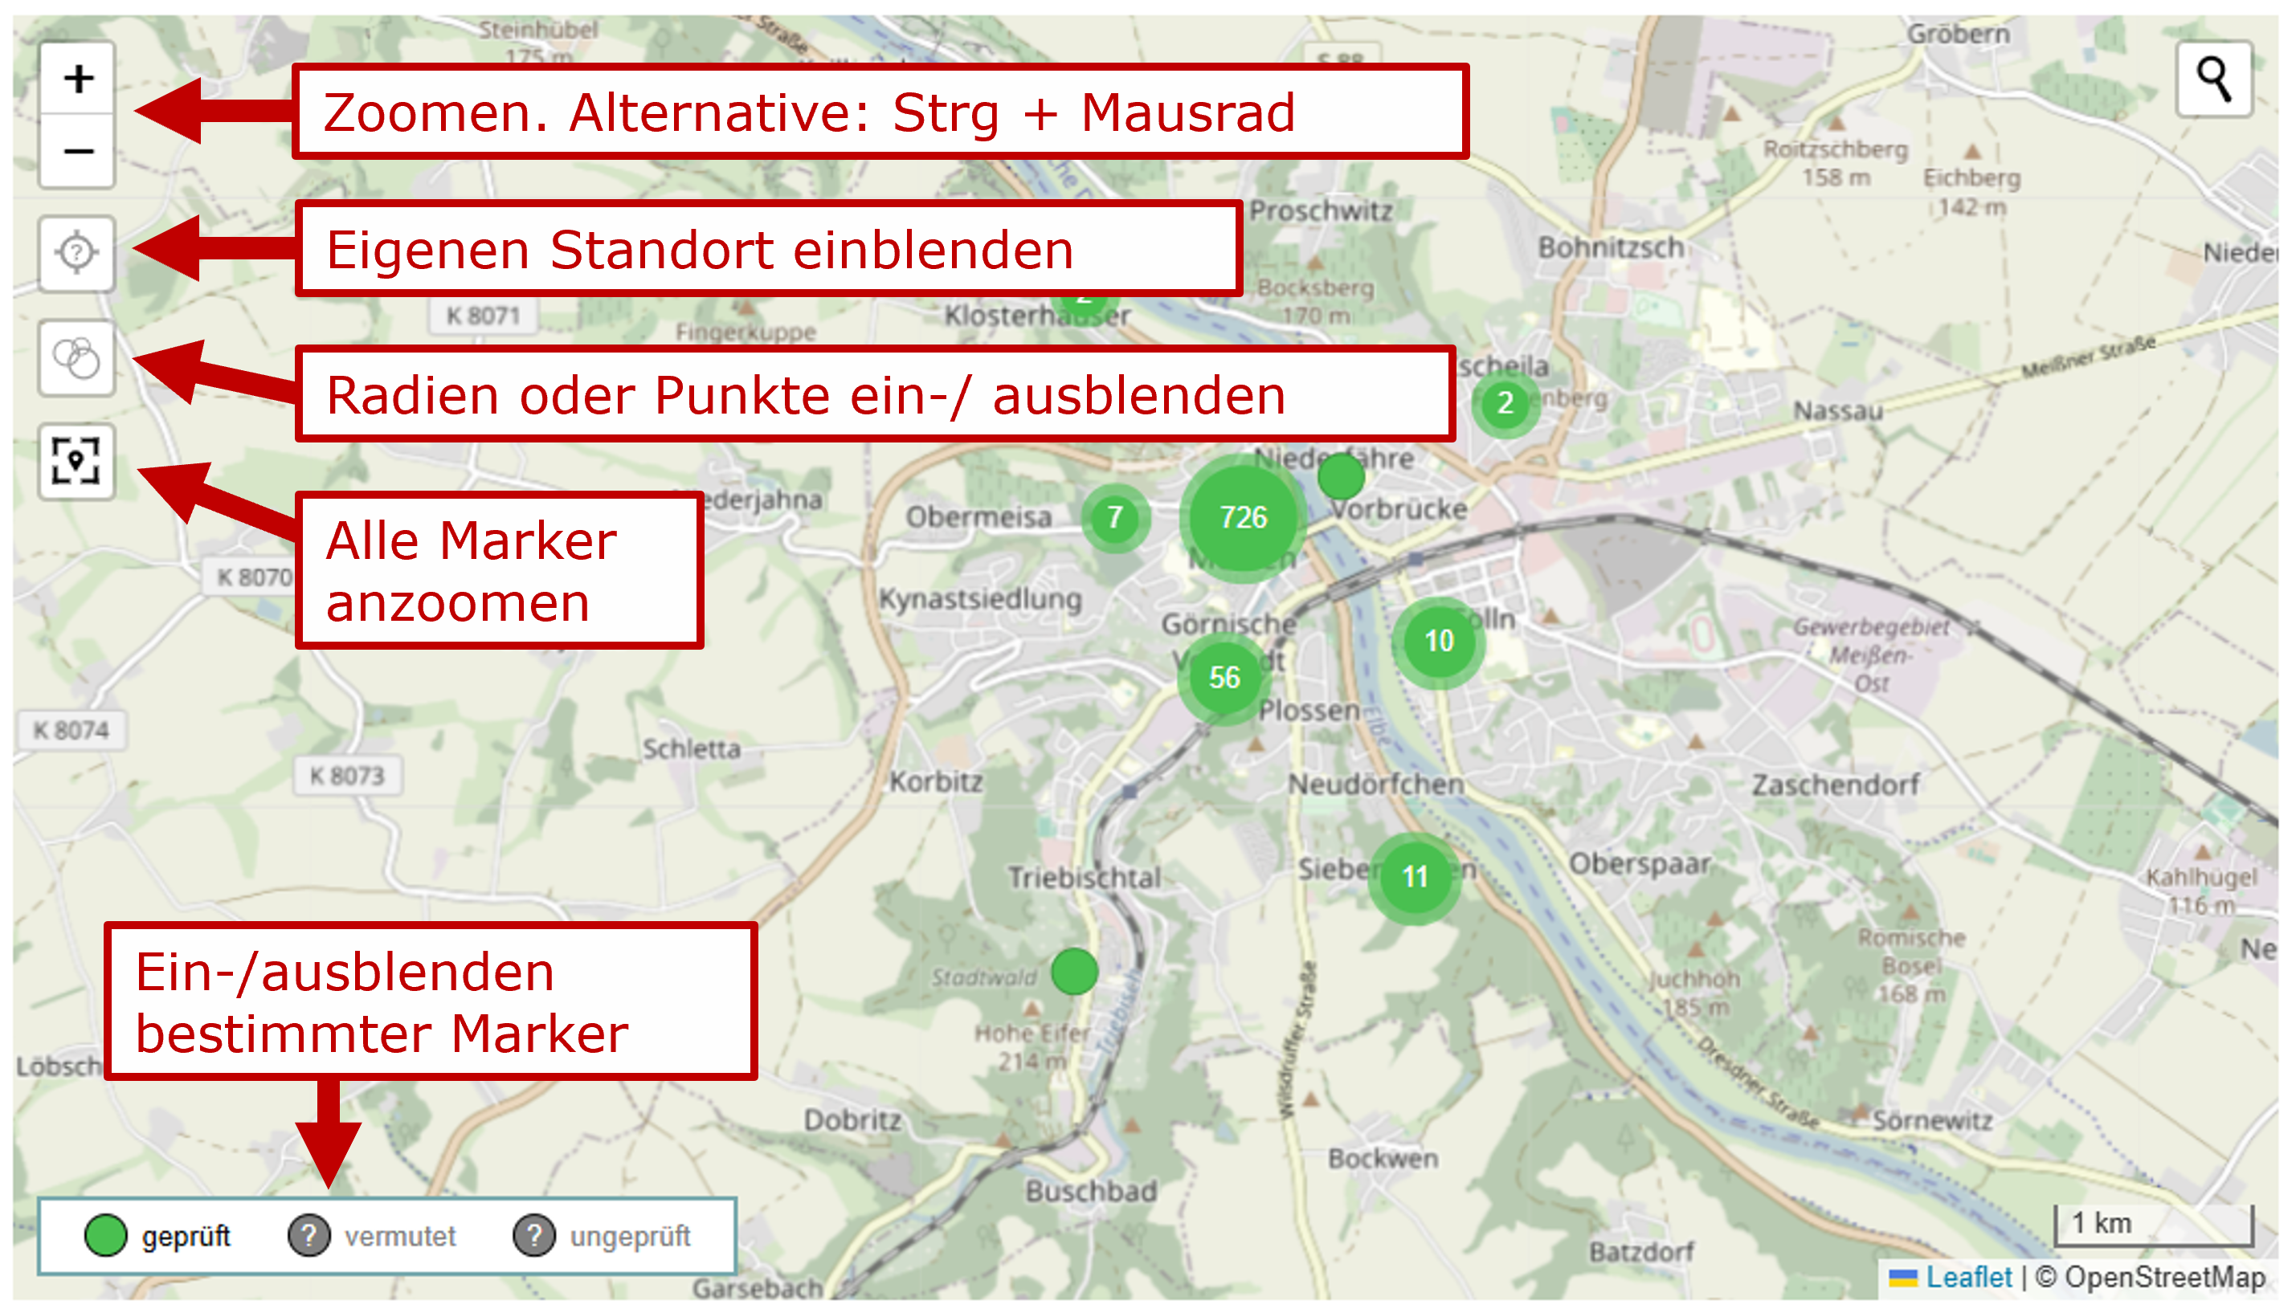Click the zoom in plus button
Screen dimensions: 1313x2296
tap(78, 80)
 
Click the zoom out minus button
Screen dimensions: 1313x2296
tap(78, 152)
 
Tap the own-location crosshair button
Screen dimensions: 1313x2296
tap(76, 252)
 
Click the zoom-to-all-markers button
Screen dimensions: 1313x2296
tap(76, 461)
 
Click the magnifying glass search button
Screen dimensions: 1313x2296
tap(2214, 80)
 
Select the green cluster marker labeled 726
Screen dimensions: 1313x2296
tap(1243, 518)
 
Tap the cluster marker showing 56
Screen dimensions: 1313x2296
tap(1224, 677)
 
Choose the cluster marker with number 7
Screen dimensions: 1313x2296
tap(1115, 518)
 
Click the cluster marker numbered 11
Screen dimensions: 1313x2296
tap(1414, 876)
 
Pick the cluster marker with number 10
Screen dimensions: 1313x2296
tap(1438, 641)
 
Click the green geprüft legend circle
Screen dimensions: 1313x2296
tap(105, 1235)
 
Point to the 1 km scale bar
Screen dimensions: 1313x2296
tap(2154, 1225)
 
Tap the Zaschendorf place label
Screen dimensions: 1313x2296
tap(1835, 785)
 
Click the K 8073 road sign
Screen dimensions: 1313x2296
tap(347, 776)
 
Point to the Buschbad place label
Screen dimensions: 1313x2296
tap(1091, 1191)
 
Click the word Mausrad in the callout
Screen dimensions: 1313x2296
tap(1187, 113)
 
